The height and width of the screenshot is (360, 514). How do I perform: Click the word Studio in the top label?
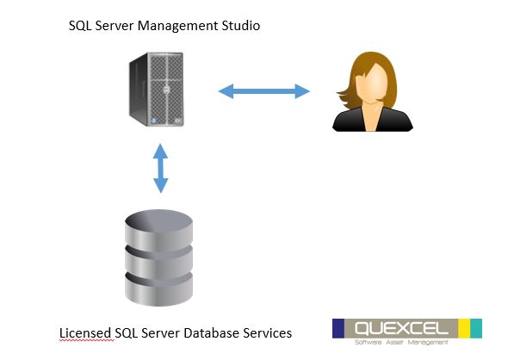coord(240,26)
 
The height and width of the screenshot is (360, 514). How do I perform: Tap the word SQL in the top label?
coord(80,26)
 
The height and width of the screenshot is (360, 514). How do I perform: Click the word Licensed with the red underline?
coord(85,333)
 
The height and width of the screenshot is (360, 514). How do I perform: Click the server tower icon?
coord(157,90)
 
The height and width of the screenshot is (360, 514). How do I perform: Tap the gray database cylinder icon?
coord(158,258)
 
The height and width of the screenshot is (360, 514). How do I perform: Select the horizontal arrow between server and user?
coord(263,91)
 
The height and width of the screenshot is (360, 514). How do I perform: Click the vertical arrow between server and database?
coord(161,168)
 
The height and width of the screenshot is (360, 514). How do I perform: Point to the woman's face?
coord(373,84)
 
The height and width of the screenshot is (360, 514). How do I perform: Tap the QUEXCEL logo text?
coord(401,328)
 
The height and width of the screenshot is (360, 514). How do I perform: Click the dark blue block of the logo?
coord(338,328)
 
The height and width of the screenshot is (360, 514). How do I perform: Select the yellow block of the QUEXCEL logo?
coord(464,328)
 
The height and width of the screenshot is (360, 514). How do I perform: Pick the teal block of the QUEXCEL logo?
coord(476,328)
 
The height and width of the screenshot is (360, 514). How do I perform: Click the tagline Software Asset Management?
coord(401,342)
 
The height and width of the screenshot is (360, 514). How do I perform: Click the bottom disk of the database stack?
coord(158,290)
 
